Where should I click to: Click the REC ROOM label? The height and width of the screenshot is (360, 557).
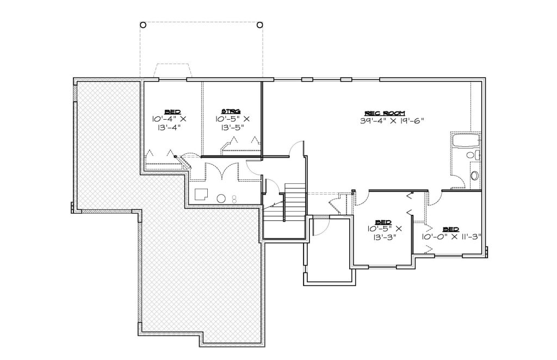pyautogui.click(x=385, y=113)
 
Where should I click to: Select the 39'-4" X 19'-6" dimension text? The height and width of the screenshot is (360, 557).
pyautogui.click(x=392, y=120)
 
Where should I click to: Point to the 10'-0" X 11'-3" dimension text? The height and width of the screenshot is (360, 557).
pyautogui.click(x=451, y=237)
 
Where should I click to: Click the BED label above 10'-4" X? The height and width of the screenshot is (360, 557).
pyautogui.click(x=172, y=112)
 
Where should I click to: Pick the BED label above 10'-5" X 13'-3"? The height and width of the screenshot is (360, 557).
pyautogui.click(x=383, y=222)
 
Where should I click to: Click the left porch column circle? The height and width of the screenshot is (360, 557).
pyautogui.click(x=143, y=25)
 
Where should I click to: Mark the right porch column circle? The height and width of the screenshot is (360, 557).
pyautogui.click(x=259, y=25)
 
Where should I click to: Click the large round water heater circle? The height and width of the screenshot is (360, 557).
pyautogui.click(x=221, y=198)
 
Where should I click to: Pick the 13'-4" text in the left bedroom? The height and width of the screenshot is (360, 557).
pyautogui.click(x=169, y=128)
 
